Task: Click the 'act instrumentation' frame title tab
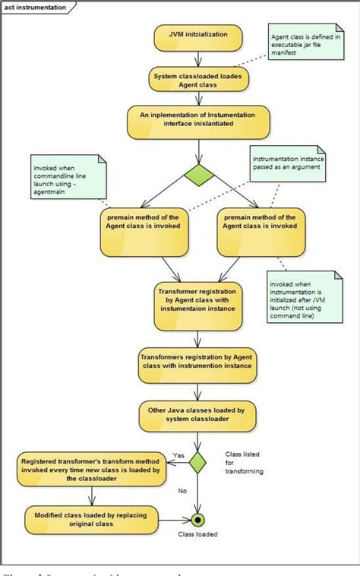35,7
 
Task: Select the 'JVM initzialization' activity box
197,36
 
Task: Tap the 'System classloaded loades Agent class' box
197,80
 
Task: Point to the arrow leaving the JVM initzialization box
197,58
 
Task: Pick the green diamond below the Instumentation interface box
197,175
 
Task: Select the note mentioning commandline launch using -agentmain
65,178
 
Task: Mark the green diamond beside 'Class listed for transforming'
197,462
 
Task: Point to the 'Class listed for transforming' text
244,462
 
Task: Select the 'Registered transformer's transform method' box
93,469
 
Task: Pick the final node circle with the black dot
197,521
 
